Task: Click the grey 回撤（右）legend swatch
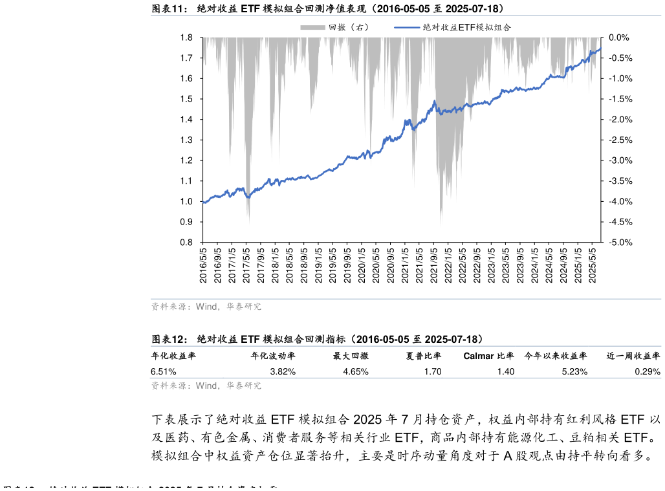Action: coord(312,27)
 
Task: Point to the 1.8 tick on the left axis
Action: coord(186,38)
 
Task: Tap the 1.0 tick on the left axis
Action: coord(186,202)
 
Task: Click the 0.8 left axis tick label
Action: coord(186,243)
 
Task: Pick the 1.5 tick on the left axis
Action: coord(186,99)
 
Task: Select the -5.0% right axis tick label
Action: coord(618,243)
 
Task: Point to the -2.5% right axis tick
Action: coord(618,140)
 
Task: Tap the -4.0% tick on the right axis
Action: coord(618,202)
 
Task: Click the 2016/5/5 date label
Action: coord(203,264)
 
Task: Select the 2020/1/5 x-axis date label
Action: coord(362,264)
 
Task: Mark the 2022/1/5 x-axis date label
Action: coord(448,264)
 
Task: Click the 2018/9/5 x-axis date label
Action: coord(304,264)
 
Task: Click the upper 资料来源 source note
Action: coord(206,307)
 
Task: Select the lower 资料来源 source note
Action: coord(206,386)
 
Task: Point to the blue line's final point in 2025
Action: coord(601,49)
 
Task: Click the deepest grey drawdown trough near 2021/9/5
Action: coord(441,225)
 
